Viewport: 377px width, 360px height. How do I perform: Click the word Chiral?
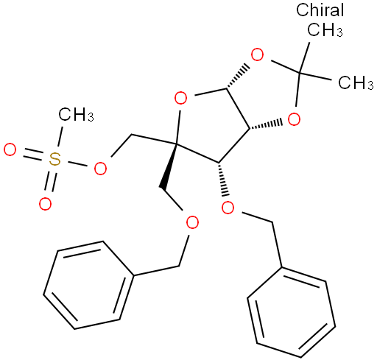pos(320,10)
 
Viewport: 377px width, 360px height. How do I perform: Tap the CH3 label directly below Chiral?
pos(325,29)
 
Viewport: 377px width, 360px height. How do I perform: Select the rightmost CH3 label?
pos(356,82)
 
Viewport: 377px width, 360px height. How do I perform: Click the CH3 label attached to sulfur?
pos(76,114)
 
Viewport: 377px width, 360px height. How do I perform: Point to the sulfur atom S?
pos(54,159)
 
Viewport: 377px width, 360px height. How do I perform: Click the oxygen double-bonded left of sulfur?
pos(10,149)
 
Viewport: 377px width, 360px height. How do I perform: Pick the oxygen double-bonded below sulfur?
pos(45,203)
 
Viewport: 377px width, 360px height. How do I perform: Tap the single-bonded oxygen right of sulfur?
pos(100,168)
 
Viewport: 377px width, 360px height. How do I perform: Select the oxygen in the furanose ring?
pos(180,98)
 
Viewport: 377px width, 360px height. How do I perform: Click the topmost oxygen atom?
pos(257,54)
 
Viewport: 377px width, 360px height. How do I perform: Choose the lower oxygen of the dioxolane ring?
pos(294,119)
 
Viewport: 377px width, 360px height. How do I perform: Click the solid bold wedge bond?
pos(169,166)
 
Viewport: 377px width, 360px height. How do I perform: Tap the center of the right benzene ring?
pos(291,311)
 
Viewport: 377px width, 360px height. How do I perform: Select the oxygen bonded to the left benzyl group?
pos(192,222)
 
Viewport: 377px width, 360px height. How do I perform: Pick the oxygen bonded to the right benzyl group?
pos(228,208)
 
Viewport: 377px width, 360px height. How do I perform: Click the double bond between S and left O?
pos(33,155)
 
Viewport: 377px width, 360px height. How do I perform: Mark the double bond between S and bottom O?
pos(50,181)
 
